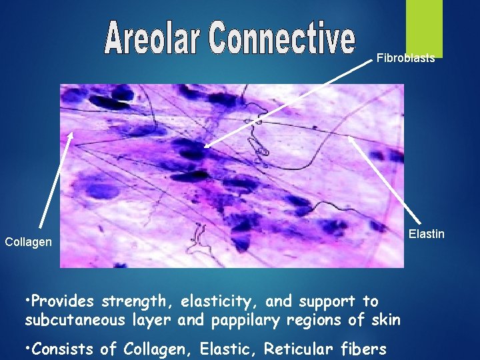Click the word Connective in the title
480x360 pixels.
click(x=282, y=39)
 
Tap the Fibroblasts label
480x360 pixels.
click(x=405, y=58)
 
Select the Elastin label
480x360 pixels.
click(x=426, y=234)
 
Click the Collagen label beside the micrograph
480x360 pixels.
click(x=28, y=242)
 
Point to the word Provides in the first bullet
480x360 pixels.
click(x=63, y=301)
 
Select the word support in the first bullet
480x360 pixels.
click(x=331, y=301)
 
